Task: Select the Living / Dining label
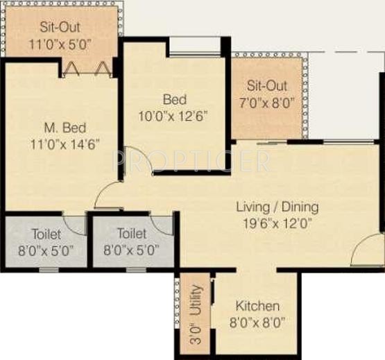277,207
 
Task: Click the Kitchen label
257,306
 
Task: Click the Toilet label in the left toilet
46,234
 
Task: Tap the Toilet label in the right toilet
132,234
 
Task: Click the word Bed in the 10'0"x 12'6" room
173,98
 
